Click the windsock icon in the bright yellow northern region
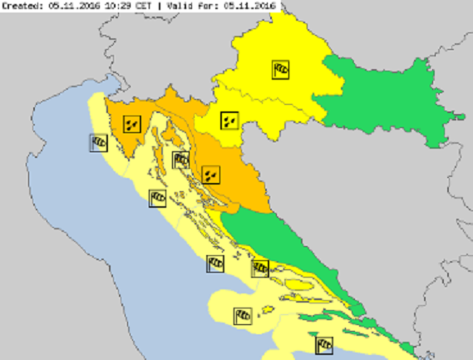(x=281, y=69)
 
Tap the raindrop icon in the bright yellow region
(x=229, y=120)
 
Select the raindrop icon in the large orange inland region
(x=211, y=175)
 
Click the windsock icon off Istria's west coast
(x=99, y=143)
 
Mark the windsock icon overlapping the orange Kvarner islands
(x=181, y=160)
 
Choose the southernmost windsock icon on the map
(x=324, y=345)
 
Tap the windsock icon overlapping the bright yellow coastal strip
(x=260, y=268)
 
